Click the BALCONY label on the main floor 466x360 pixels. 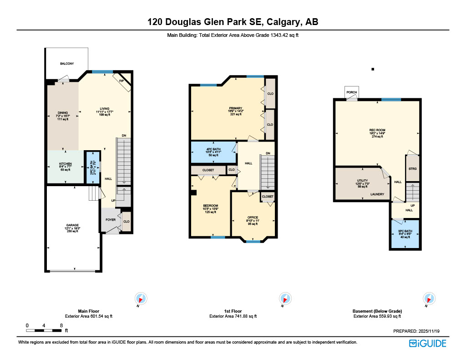[67, 64]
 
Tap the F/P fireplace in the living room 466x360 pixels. [122, 81]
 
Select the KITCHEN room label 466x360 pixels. [66, 164]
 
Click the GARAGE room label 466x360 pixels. [72, 225]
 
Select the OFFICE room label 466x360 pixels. [253, 218]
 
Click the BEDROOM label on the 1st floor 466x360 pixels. [210, 206]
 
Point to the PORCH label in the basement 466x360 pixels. [351, 92]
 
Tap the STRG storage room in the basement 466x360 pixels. [412, 169]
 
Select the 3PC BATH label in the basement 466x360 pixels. [405, 231]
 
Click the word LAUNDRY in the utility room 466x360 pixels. [377, 194]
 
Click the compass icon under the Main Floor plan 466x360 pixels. [142, 299]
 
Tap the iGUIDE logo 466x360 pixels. [427, 343]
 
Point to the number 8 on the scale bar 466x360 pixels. [61, 325]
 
